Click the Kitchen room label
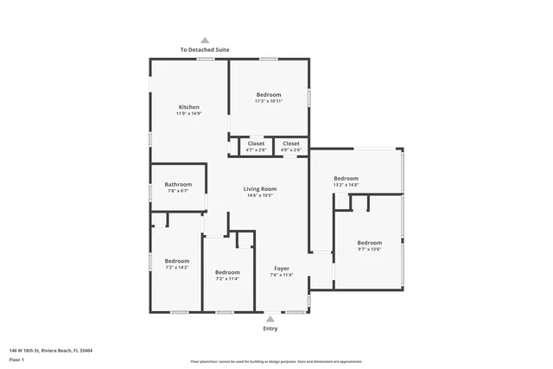(x=188, y=107)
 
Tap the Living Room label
(x=259, y=188)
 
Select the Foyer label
(x=283, y=268)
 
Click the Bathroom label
(x=178, y=184)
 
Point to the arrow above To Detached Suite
(x=205, y=40)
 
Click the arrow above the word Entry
(x=270, y=319)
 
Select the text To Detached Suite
(x=205, y=50)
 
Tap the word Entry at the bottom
(x=270, y=329)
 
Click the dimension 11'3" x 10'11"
(x=269, y=101)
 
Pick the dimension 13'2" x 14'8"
(x=346, y=185)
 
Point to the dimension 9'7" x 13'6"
(x=370, y=249)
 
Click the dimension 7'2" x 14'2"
(x=177, y=267)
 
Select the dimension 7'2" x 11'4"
(x=227, y=279)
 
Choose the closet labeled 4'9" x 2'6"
(x=291, y=150)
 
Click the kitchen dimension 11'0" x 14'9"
(x=188, y=113)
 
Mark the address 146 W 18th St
(x=51, y=350)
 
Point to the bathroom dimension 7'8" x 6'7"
(x=178, y=191)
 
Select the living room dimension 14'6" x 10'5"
(x=259, y=195)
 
